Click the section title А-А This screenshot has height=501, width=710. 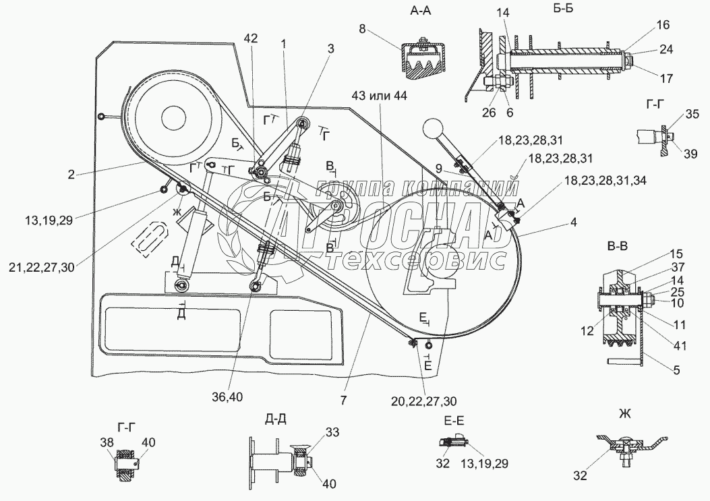(421, 11)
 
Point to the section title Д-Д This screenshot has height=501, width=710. (275, 419)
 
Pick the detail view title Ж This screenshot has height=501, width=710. (625, 414)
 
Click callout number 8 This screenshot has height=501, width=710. (362, 29)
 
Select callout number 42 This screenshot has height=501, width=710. (250, 38)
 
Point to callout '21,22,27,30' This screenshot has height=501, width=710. (41, 268)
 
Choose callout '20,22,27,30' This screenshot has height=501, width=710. (423, 401)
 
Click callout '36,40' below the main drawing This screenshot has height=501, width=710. (227, 396)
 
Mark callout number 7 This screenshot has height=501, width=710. (345, 401)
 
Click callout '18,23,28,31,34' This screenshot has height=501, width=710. (605, 180)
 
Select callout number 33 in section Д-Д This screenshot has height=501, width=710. (332, 432)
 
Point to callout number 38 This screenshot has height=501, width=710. (108, 442)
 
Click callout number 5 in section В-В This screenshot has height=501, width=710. (676, 370)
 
